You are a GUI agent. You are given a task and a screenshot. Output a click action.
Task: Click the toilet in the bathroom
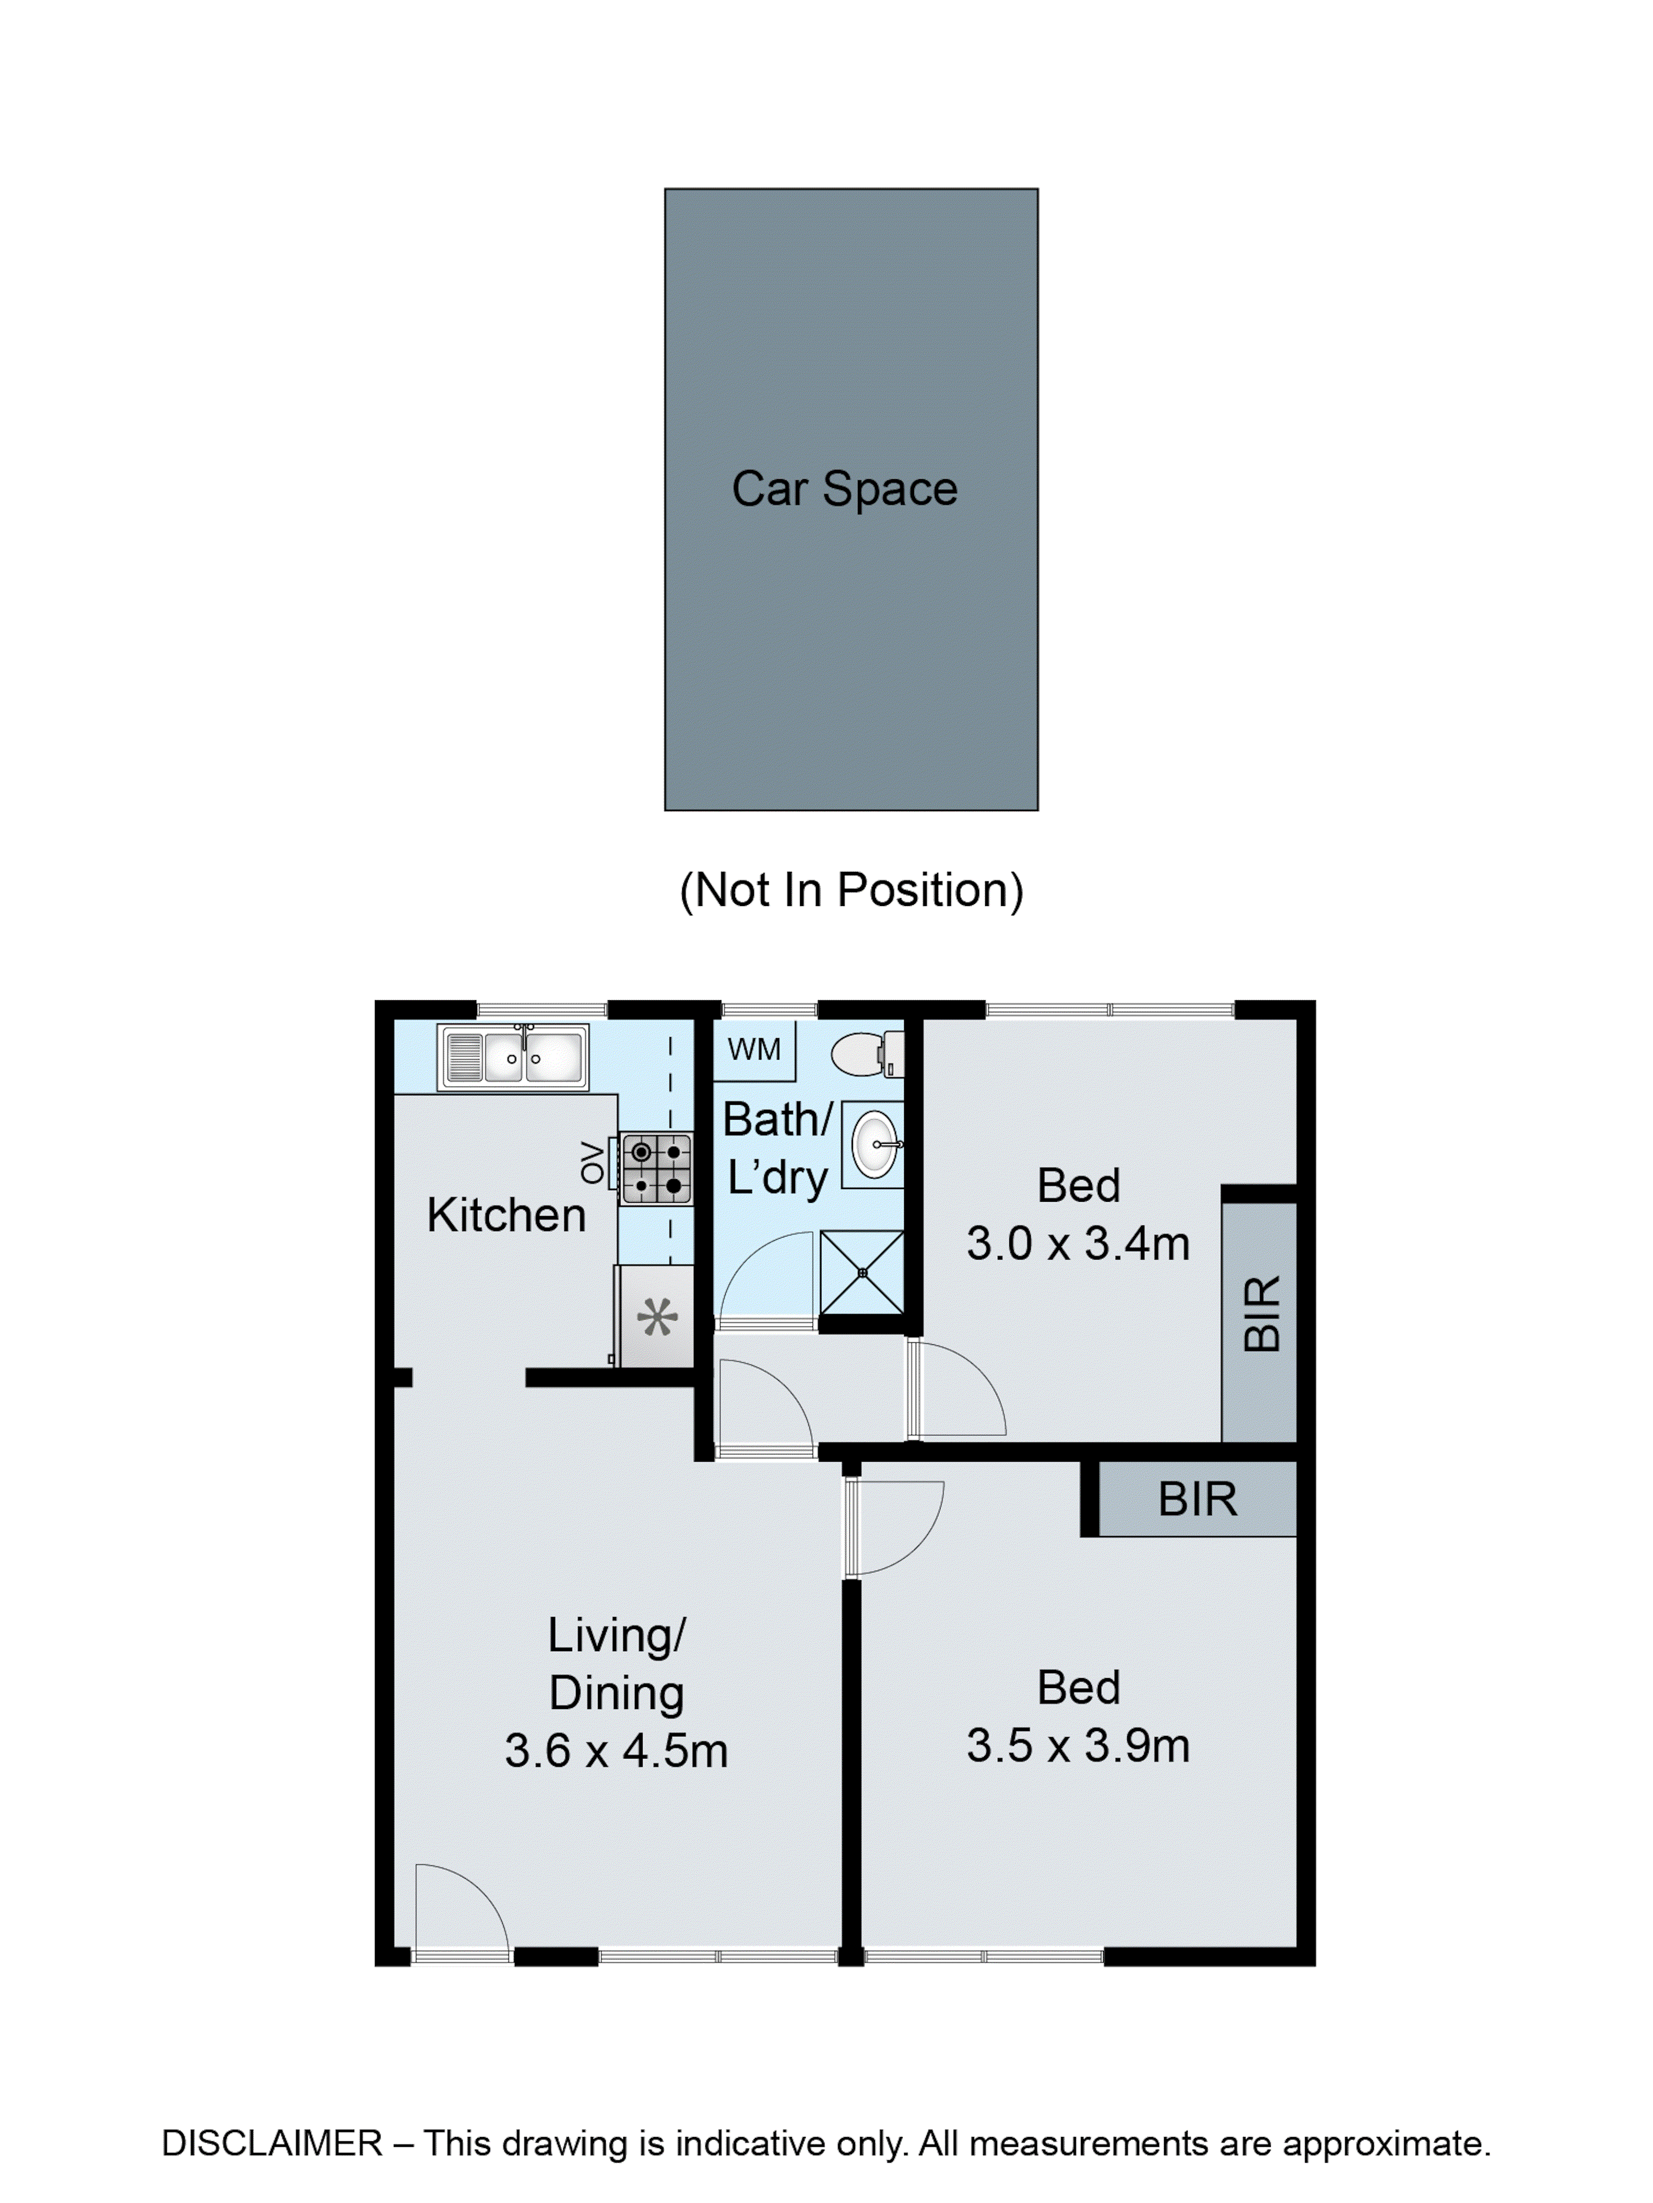point(868,1054)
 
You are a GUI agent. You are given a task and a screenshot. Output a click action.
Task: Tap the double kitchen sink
point(513,1057)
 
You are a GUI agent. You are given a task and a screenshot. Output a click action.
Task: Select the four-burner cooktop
point(656,1168)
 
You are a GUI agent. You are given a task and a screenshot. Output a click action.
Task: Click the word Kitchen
point(506,1215)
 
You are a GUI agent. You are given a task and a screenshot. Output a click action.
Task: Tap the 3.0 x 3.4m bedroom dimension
point(1078,1244)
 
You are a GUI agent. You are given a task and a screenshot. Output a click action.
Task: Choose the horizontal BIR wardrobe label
point(1197,1499)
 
